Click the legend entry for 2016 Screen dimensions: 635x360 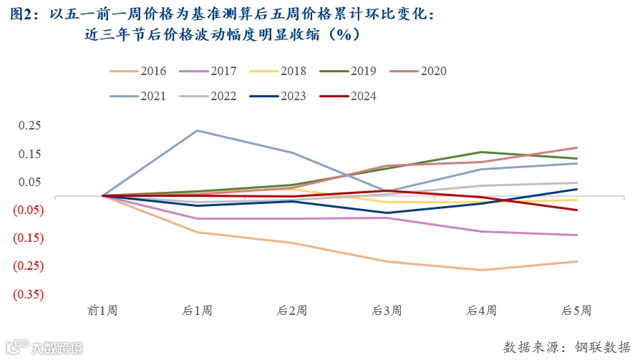(138, 72)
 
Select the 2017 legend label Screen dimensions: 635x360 (208, 72)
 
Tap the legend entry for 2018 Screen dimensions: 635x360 (278, 72)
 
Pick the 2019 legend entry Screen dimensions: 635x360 (348, 72)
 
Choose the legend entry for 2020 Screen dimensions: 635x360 (418, 72)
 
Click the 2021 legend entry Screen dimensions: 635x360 (138, 97)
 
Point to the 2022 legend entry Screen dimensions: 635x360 (208, 97)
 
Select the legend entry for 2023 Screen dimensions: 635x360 (278, 97)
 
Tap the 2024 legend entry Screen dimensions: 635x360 (348, 97)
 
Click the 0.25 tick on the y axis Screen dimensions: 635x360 (29, 125)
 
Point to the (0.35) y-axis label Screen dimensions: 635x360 (29, 294)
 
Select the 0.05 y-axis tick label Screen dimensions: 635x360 (29, 182)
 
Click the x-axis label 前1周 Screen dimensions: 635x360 (102, 311)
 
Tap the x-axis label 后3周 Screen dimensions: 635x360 (387, 311)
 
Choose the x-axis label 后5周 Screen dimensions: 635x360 (576, 311)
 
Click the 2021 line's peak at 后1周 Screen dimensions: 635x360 (197, 130)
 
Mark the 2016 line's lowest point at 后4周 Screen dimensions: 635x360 (482, 270)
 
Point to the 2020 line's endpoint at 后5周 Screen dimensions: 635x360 (576, 148)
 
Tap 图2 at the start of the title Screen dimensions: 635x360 (20, 14)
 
